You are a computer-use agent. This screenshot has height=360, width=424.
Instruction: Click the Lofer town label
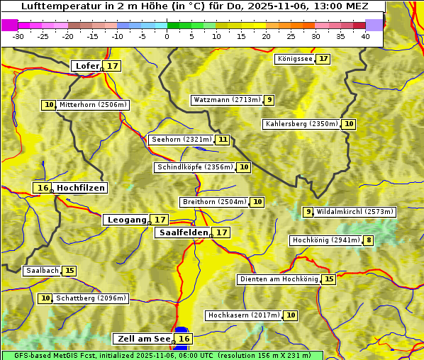87,66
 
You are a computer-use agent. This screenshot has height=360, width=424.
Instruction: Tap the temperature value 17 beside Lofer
113,66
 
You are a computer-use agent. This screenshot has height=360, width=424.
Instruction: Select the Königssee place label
294,59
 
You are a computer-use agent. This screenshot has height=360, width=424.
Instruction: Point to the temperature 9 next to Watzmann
269,100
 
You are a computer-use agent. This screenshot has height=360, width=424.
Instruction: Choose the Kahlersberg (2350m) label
301,124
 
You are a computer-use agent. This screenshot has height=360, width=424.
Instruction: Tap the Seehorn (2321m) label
182,140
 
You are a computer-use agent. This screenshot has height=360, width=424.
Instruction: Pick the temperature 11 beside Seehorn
223,140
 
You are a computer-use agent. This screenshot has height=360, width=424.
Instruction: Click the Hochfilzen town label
81,188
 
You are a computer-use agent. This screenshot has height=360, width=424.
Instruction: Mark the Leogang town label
127,220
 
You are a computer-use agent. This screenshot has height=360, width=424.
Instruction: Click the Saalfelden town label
183,232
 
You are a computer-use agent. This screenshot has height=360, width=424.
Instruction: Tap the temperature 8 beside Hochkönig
369,240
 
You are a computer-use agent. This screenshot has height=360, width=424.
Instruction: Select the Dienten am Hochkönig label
278,279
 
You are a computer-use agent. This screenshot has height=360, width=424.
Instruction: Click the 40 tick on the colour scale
365,36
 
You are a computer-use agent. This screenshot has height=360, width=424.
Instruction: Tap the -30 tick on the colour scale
18,36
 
